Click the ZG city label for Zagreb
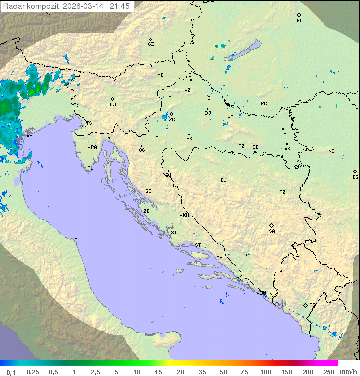[x=172, y=120]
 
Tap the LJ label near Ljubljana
[x=113, y=105]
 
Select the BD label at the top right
[x=299, y=21]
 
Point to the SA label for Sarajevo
[x=272, y=231]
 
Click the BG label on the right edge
[x=355, y=177]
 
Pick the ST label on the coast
[x=198, y=245]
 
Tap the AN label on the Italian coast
[x=77, y=240]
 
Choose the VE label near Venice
[x=29, y=136]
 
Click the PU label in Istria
[x=90, y=168]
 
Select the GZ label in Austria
[x=151, y=44]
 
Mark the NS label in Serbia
[x=331, y=151]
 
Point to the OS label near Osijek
[x=283, y=134]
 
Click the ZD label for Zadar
[x=146, y=211]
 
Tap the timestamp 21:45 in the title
[x=120, y=6]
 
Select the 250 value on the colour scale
[x=328, y=372]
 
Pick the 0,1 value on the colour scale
[x=11, y=372]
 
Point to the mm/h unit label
[x=347, y=372]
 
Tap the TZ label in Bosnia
[x=283, y=192]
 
